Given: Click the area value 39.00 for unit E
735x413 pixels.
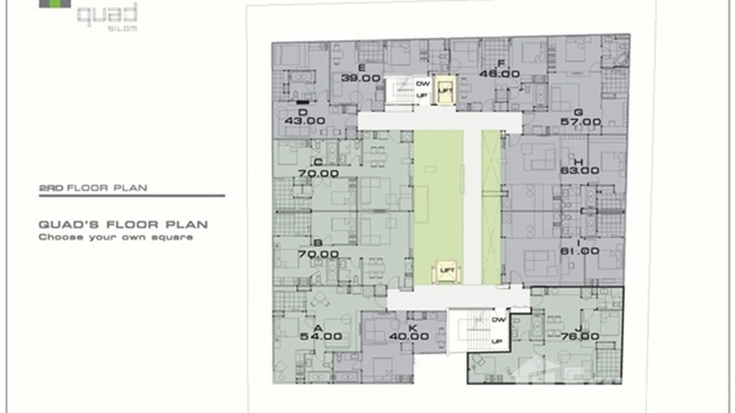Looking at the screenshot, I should tap(360, 78).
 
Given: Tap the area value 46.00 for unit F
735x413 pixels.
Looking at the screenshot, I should tap(499, 73).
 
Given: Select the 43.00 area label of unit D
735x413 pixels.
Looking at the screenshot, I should tap(305, 121).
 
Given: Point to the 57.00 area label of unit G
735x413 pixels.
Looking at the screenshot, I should tap(581, 122).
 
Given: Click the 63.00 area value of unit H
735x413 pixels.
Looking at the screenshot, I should tap(579, 170).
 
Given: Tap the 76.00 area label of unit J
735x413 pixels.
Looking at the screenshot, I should tap(580, 336).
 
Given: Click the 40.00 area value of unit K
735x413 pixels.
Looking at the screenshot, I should tap(409, 336).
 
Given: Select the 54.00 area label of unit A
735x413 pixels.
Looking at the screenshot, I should tap(321, 336).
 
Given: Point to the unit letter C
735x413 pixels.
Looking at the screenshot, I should tap(318, 162).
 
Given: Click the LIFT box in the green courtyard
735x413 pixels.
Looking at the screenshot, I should tap(446, 271).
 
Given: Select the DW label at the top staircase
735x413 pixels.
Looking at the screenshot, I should tap(422, 84).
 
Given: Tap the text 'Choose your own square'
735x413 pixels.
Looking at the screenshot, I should tap(115, 237).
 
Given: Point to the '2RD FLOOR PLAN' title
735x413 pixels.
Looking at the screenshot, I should tap(93, 188).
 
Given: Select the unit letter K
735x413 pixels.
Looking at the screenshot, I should tap(413, 328).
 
